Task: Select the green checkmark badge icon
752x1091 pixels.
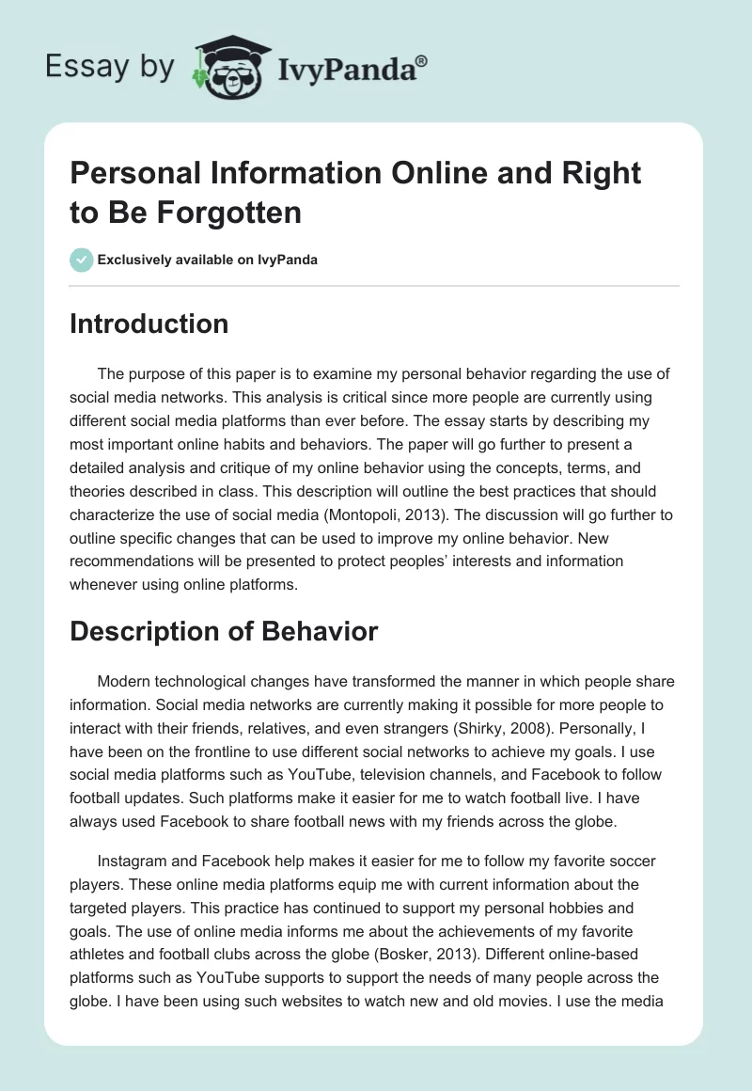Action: pos(82,260)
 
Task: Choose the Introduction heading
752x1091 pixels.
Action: pos(149,324)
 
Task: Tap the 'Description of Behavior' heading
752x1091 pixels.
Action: pos(224,631)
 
